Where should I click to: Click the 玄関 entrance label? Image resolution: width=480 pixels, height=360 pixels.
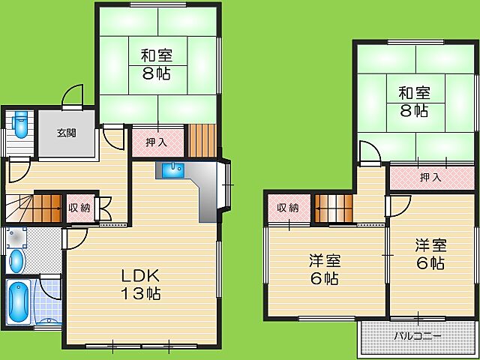[67, 133]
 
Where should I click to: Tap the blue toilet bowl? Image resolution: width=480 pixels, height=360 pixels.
[21, 124]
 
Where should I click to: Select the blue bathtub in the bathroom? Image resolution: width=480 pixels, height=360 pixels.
[18, 301]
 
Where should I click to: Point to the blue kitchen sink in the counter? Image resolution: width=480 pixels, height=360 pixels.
[173, 170]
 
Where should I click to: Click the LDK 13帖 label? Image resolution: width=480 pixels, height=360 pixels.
[140, 285]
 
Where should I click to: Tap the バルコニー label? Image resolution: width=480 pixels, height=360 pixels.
[418, 336]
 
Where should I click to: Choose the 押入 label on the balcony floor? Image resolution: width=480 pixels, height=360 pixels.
[430, 177]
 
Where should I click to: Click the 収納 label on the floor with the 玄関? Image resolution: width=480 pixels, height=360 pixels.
[79, 208]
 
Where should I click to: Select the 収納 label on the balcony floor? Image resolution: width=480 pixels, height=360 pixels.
[288, 208]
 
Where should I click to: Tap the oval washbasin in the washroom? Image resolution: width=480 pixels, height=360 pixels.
[16, 261]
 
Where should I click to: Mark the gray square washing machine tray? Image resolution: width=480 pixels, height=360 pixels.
[16, 237]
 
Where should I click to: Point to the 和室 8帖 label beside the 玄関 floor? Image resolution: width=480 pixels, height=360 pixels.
[157, 64]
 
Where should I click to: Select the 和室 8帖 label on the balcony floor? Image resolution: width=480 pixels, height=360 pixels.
[414, 102]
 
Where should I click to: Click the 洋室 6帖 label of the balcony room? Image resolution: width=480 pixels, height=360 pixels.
[430, 254]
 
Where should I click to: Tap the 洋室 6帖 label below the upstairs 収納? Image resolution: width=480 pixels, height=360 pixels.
[325, 269]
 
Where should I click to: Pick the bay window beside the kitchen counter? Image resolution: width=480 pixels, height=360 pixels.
[224, 184]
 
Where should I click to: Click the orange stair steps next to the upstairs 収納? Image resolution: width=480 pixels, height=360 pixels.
[334, 208]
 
